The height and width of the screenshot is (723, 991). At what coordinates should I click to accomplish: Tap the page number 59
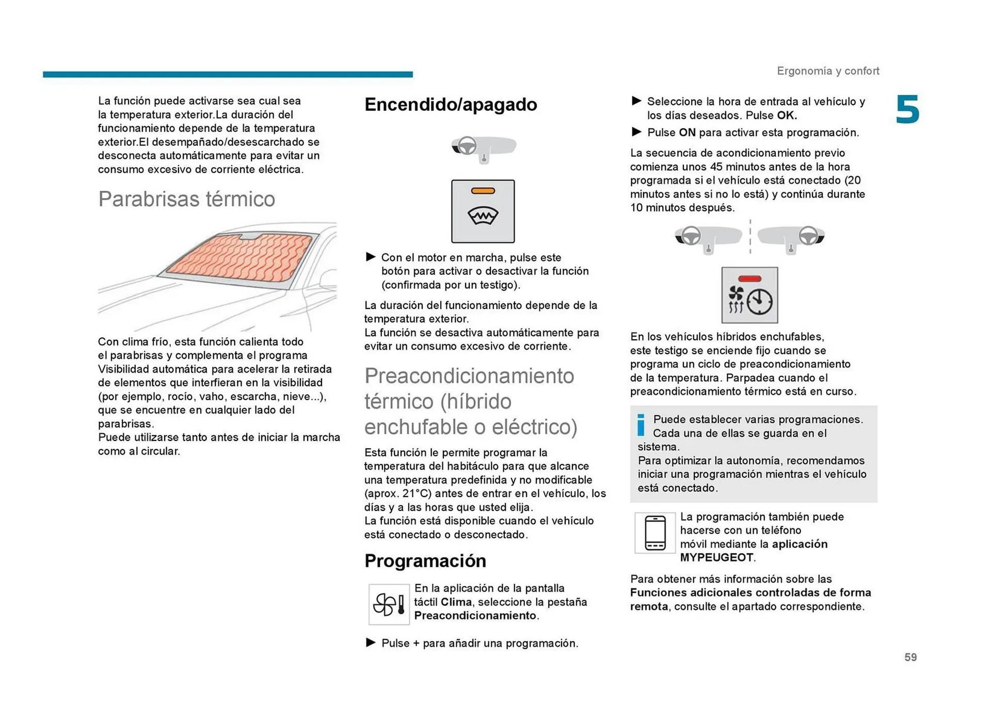click(x=910, y=657)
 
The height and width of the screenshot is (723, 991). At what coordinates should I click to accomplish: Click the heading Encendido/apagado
click(x=451, y=105)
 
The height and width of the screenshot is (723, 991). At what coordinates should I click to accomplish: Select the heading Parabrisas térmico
click(x=186, y=199)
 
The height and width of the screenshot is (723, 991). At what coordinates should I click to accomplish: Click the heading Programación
click(x=425, y=561)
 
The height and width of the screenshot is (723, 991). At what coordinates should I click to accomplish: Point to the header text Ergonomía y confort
click(x=827, y=71)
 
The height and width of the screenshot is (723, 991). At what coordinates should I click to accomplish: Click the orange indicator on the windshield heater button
click(x=483, y=191)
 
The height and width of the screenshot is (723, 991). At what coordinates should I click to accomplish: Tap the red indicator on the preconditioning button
click(x=749, y=279)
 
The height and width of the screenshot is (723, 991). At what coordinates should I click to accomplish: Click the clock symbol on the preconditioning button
click(x=760, y=302)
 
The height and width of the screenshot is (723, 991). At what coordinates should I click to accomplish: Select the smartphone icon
click(x=655, y=533)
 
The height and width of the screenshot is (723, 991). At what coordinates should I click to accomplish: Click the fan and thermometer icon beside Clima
click(x=389, y=604)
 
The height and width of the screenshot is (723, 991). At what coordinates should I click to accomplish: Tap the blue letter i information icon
click(x=641, y=425)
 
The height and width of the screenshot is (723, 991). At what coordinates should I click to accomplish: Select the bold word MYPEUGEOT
click(x=716, y=557)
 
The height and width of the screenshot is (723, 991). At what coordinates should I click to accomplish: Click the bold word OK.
click(x=786, y=116)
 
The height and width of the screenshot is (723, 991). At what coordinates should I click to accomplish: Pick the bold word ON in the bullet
click(x=687, y=133)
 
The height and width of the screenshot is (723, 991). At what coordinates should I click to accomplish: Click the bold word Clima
click(x=456, y=602)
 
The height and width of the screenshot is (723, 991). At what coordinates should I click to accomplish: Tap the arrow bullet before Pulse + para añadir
click(x=371, y=643)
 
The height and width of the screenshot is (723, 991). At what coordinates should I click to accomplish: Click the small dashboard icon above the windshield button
click(x=483, y=149)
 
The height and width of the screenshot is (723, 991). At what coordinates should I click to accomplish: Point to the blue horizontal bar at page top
click(x=228, y=74)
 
